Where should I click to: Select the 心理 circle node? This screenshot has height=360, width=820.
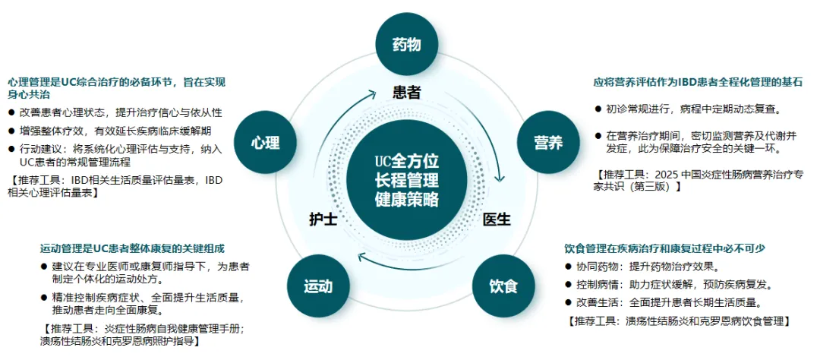[266, 142]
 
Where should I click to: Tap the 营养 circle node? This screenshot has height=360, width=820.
[548, 142]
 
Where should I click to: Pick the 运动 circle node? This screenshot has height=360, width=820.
[317, 286]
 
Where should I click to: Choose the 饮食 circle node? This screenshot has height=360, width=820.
[503, 286]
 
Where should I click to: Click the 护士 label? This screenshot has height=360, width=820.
[323, 219]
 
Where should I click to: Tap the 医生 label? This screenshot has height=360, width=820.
[497, 219]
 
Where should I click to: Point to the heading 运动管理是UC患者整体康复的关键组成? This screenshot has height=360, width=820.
[132, 248]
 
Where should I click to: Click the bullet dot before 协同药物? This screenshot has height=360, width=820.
[569, 267]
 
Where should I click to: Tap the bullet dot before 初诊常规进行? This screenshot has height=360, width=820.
[598, 109]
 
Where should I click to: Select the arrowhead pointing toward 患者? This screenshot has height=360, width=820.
[373, 94]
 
